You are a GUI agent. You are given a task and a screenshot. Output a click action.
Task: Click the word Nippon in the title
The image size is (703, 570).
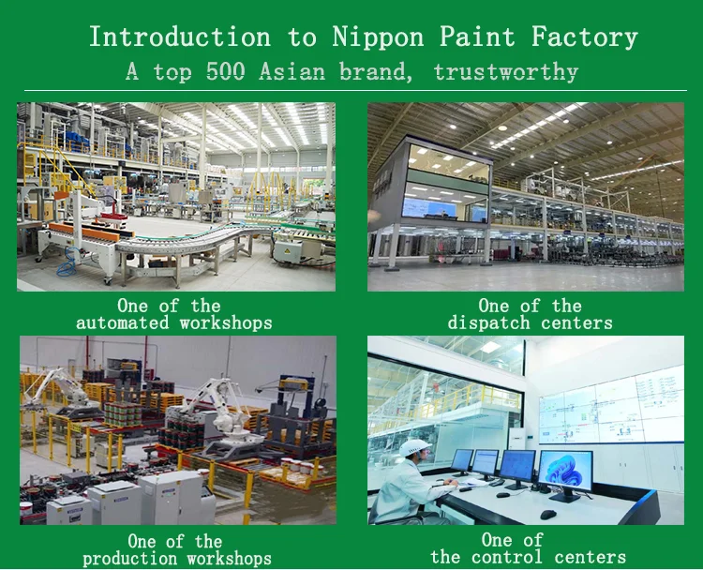point(378,37)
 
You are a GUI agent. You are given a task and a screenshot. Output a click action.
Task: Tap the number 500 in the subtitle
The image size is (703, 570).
point(225,72)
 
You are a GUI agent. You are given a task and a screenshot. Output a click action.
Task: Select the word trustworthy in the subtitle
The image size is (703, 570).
point(506,72)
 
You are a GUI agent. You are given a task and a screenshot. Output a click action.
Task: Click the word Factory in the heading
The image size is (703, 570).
point(584,37)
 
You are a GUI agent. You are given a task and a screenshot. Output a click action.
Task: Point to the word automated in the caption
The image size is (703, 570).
point(123,322)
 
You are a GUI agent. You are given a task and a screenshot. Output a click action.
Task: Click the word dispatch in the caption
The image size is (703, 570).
point(488,322)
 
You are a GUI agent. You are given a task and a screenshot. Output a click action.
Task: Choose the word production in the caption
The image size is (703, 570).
point(129,559)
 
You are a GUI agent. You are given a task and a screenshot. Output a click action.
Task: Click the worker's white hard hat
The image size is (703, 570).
point(414,447)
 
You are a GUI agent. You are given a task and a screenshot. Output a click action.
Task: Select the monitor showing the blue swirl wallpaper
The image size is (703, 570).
point(565,473)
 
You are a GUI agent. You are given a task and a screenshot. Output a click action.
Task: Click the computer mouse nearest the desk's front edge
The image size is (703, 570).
point(548,515)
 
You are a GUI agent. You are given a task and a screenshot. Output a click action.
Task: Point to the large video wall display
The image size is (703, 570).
point(611,406)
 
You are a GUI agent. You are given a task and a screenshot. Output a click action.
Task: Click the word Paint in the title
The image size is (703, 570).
point(477,37)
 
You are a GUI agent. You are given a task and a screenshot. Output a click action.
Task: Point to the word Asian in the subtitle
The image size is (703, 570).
point(292,72)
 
